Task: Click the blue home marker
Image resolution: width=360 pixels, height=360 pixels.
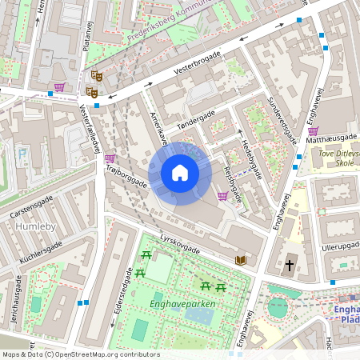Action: [180, 173]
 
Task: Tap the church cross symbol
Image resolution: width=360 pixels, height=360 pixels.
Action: [289, 263]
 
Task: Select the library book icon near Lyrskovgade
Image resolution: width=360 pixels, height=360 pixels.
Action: [241, 260]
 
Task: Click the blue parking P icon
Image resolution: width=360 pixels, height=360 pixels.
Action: [22, 153]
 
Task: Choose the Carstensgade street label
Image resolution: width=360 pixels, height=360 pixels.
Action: [31, 207]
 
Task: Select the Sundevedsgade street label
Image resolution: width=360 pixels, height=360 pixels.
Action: [281, 114]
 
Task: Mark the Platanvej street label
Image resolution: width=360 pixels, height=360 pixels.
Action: [88, 37]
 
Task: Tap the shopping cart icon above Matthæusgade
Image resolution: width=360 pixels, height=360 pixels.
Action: [314, 131]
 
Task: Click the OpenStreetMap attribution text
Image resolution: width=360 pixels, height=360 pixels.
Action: [81, 354]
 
